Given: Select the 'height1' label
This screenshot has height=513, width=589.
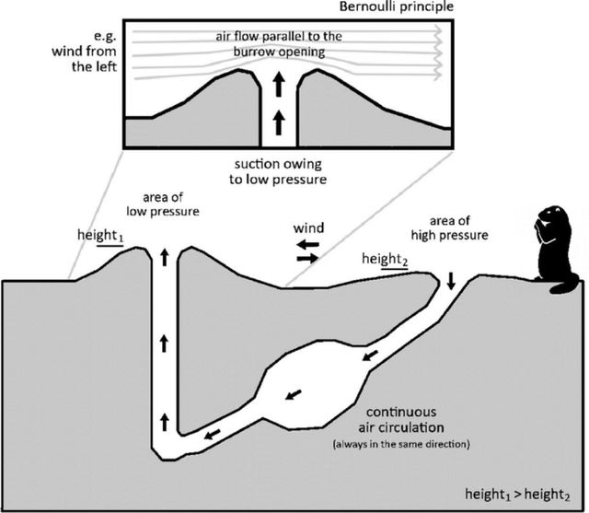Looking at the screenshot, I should (x=102, y=237).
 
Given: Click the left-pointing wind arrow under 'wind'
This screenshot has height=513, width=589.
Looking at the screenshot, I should (x=307, y=244).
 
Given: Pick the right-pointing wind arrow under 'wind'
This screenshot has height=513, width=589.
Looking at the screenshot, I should (x=308, y=259).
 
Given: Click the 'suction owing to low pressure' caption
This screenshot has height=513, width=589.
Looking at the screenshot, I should (x=279, y=170).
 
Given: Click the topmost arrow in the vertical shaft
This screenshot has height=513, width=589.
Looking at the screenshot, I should (x=164, y=257).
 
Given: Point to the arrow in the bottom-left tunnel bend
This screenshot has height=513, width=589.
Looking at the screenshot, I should (x=212, y=434).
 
